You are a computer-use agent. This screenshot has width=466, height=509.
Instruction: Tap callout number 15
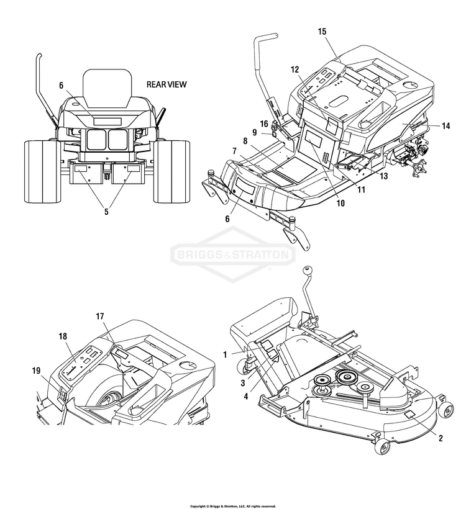pyautogui.click(x=321, y=32)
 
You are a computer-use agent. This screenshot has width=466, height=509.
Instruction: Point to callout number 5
pyautogui.click(x=106, y=212)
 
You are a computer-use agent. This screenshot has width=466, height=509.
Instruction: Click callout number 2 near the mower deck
pyautogui.click(x=440, y=438)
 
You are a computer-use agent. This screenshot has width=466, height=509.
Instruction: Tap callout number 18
pyautogui.click(x=63, y=336)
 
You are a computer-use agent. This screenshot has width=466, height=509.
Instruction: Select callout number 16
pyautogui.click(x=263, y=124)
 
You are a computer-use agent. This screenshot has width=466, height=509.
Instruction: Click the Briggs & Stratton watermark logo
pyautogui.click(x=233, y=254)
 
